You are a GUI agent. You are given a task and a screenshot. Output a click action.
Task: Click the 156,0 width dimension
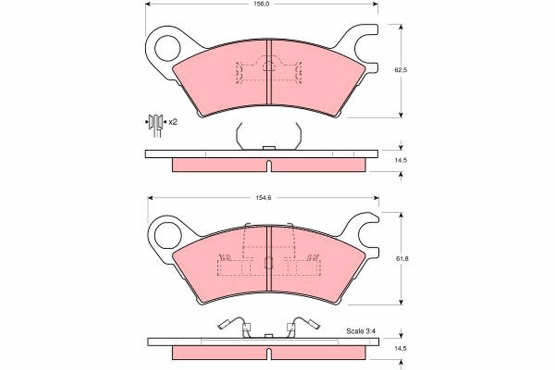tap(262, 4)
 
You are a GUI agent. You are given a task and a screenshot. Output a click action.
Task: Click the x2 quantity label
tap(173, 122)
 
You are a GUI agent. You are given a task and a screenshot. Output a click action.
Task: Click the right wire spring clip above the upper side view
tap(298, 136)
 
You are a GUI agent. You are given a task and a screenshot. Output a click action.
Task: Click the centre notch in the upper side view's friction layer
tap(269, 166)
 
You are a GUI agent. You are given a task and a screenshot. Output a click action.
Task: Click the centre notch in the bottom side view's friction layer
tap(269, 353)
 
